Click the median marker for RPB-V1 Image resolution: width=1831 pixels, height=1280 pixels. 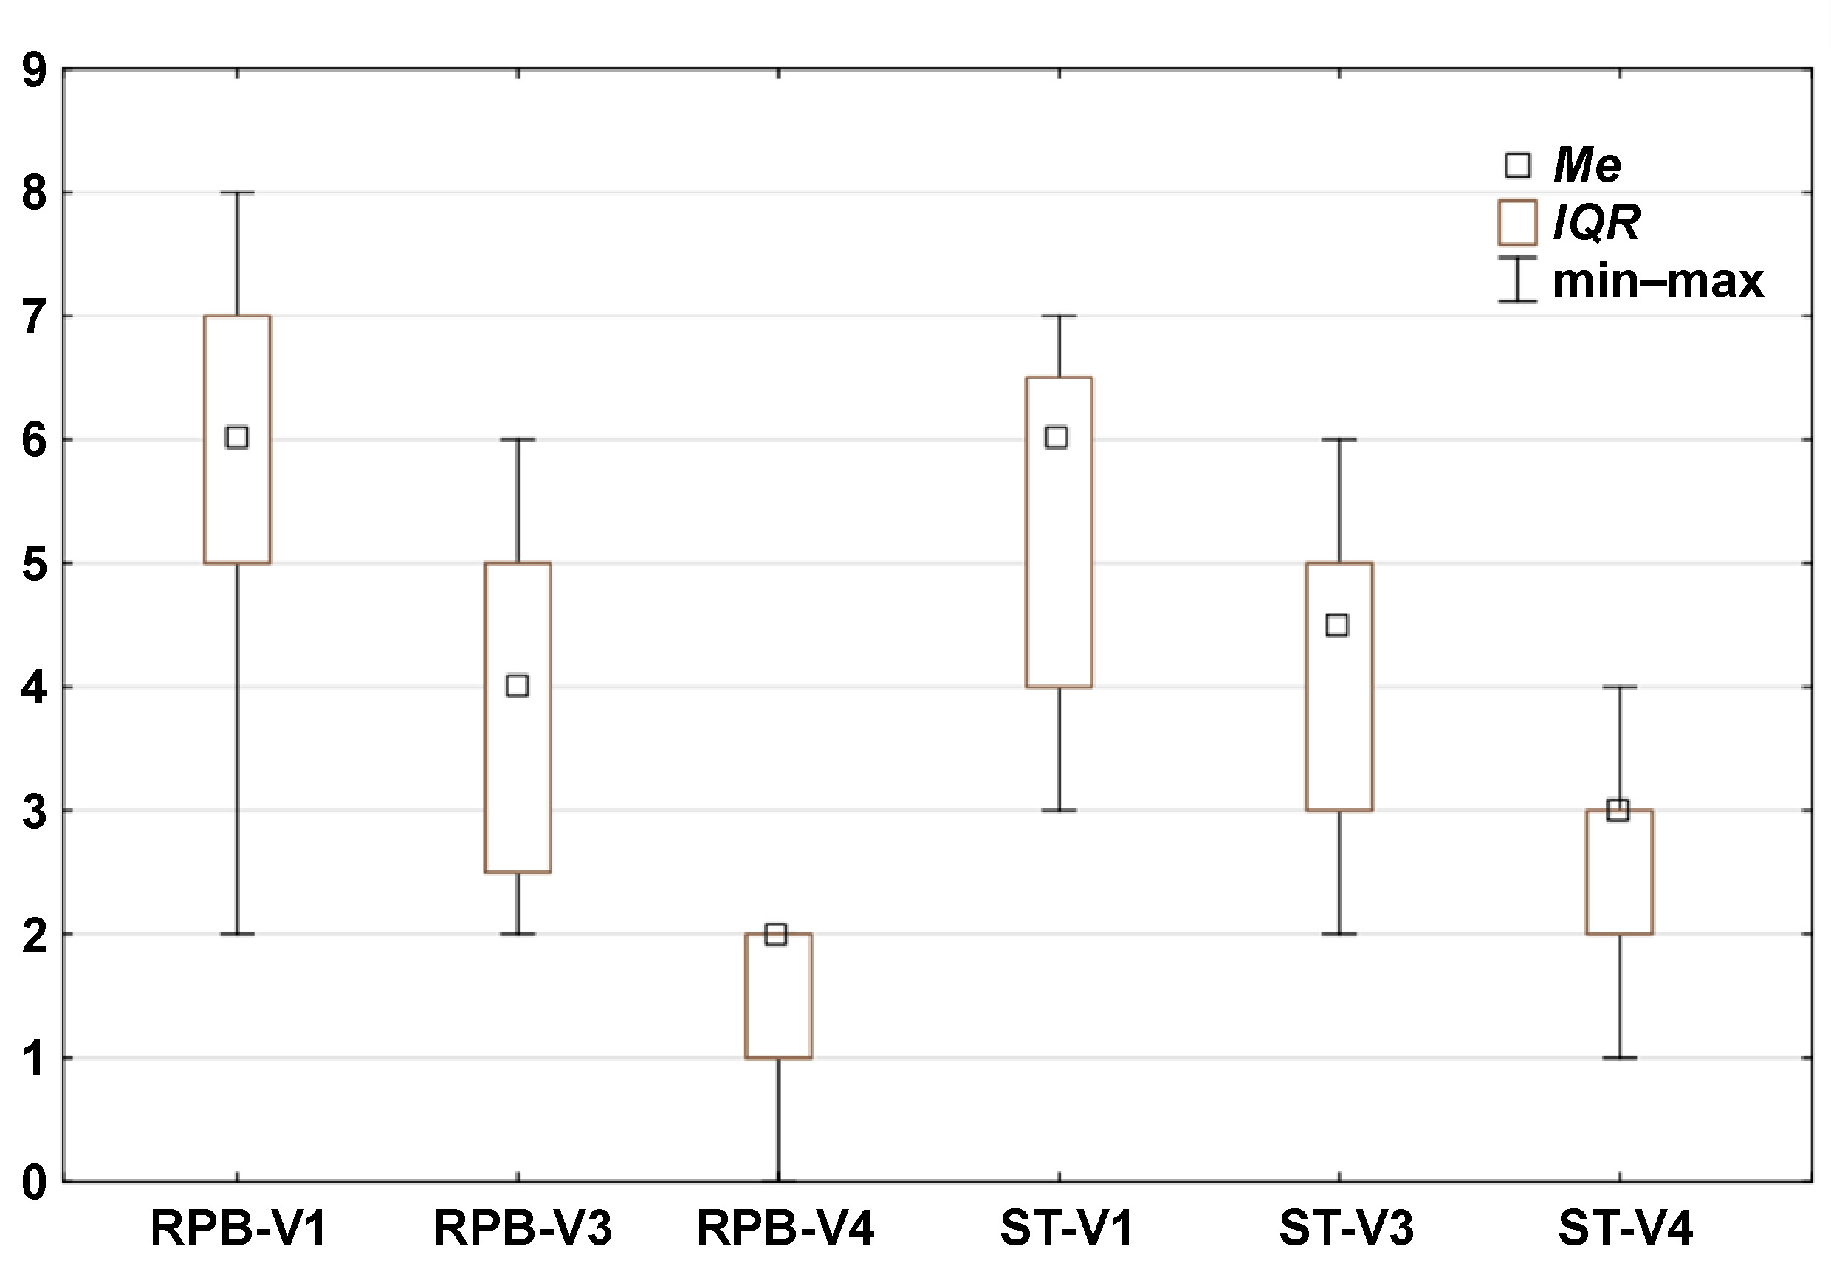pyautogui.click(x=237, y=437)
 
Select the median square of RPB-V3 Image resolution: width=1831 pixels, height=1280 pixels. pyautogui.click(x=518, y=685)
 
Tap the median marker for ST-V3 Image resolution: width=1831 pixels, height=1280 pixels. pyautogui.click(x=1336, y=624)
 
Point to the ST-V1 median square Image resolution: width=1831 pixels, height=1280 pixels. pyautogui.click(x=1057, y=437)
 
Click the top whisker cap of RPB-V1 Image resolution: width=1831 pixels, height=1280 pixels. pyautogui.click(x=237, y=192)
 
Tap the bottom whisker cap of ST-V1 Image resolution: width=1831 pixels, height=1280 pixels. pyautogui.click(x=1059, y=811)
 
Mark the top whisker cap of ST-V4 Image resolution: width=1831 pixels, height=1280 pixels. pyautogui.click(x=1619, y=687)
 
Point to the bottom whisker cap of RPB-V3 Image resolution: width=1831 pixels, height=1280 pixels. pyautogui.click(x=518, y=934)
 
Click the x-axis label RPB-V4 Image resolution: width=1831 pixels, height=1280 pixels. pyautogui.click(x=785, y=1228)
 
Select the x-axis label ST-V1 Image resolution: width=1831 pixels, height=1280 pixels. pyautogui.click(x=1066, y=1228)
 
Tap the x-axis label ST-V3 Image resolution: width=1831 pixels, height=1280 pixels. pyautogui.click(x=1346, y=1228)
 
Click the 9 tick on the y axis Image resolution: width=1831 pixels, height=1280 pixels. pyautogui.click(x=34, y=72)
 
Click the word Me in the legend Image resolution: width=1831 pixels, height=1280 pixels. pyautogui.click(x=1587, y=166)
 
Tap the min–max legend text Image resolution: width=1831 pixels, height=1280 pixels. pyautogui.click(x=1658, y=281)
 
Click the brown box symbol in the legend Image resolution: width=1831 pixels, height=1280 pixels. pyautogui.click(x=1516, y=222)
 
